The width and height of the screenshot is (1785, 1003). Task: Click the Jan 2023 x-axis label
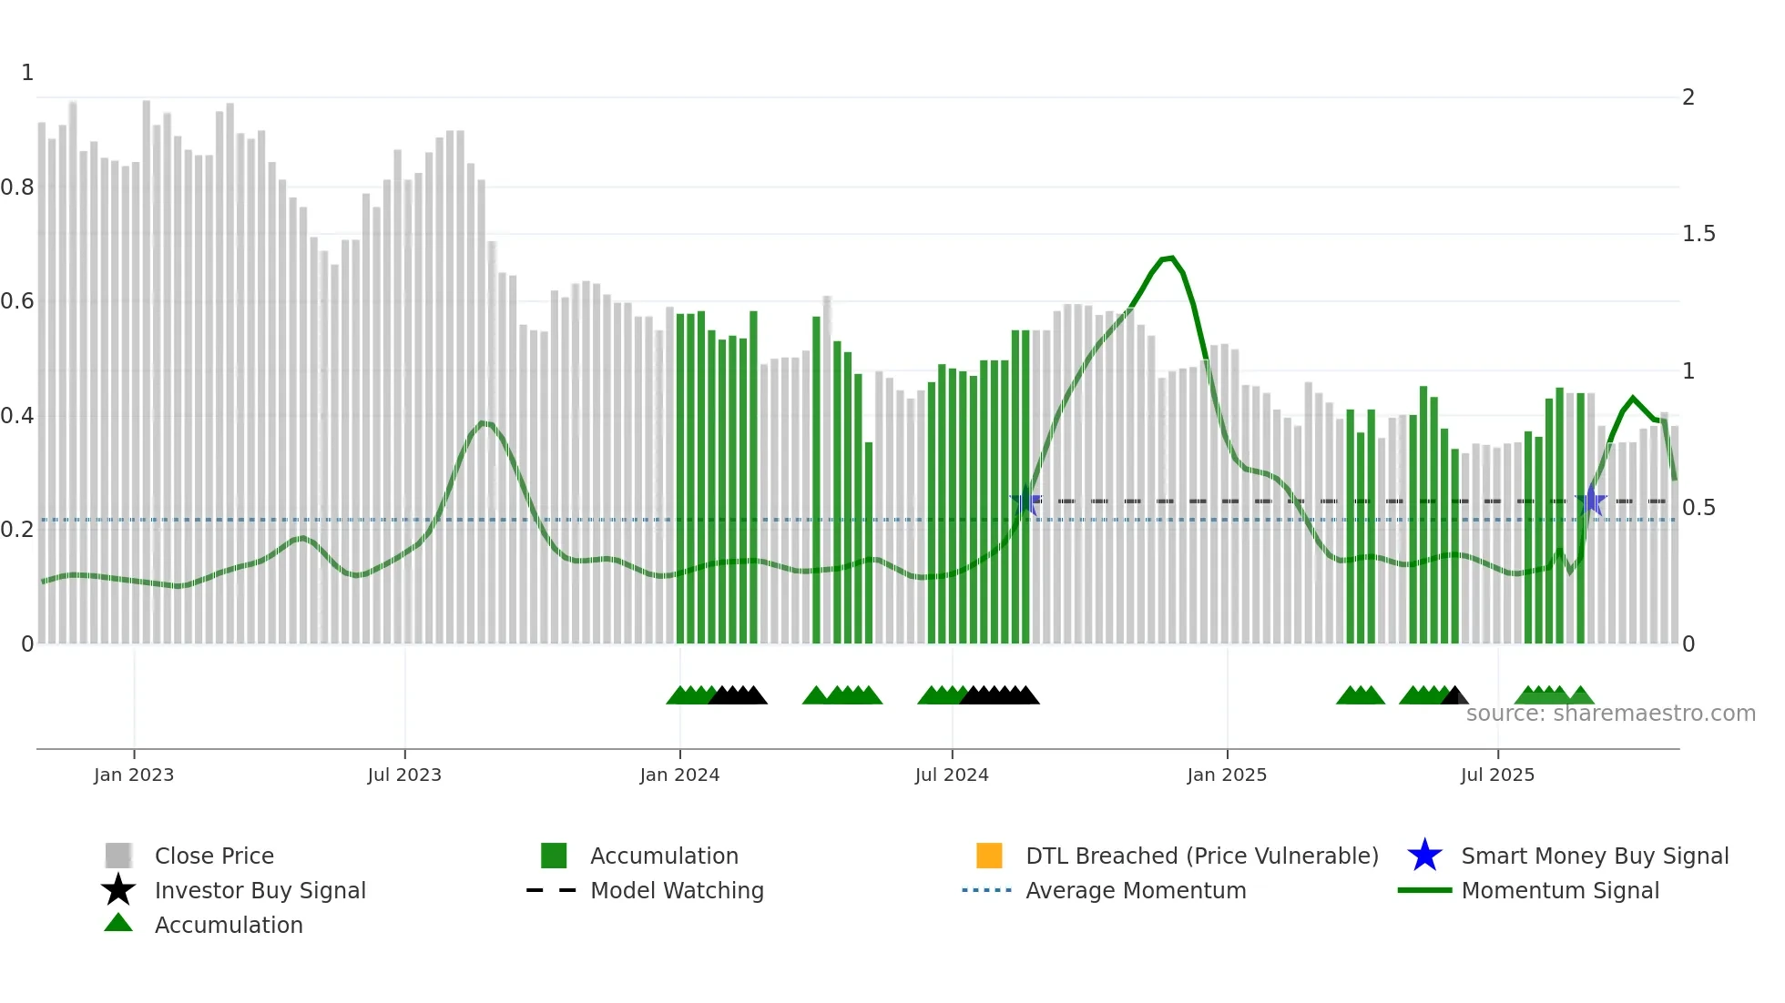coord(133,775)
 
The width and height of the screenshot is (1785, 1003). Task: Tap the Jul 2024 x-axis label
coord(952,775)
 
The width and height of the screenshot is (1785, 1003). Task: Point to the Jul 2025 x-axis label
coord(1497,775)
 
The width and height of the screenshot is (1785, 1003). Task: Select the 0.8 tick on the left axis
coord(17,187)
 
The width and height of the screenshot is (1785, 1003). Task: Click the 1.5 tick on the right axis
coord(1698,234)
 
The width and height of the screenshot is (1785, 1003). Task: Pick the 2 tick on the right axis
coord(1688,97)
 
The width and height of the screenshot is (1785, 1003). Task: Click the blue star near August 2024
coord(1025,501)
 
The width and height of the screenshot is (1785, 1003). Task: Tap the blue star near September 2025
coord(1591,501)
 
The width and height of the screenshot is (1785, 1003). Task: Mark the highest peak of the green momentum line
coord(1171,258)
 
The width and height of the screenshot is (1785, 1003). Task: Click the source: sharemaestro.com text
coord(1610,714)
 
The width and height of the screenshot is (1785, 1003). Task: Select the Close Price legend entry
coord(214,856)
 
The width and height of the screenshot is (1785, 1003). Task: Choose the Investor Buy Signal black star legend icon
coord(118,890)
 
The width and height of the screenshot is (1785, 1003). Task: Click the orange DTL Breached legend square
coord(989,856)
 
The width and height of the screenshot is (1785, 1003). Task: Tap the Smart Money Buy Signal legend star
coord(1424,856)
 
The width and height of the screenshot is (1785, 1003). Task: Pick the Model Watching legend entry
coord(676,890)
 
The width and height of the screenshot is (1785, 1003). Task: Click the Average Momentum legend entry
coord(1135,890)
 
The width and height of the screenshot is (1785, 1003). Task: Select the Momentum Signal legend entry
coord(1559,890)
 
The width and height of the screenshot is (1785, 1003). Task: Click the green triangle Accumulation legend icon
coord(118,924)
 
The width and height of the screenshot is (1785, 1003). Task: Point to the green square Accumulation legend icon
coord(554,856)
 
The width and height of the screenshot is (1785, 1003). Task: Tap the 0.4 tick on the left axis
coord(17,416)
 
